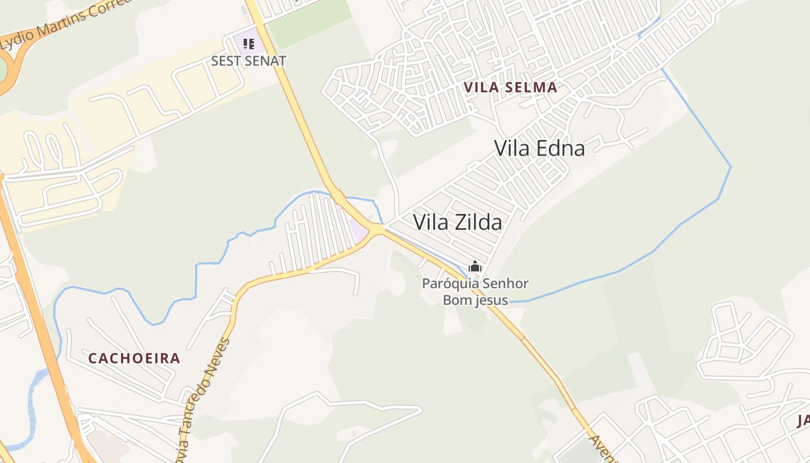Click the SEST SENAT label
coord(248,61)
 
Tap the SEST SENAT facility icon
coord(249,43)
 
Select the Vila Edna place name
coord(539,148)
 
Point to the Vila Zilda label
coord(457,222)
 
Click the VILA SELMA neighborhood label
coord(510,88)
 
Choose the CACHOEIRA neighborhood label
coord(134,358)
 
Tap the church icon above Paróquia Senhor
coord(475,267)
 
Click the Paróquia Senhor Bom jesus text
coord(475,292)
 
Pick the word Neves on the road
coord(220,354)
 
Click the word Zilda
coord(478,222)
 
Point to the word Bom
coord(455,300)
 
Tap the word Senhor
coord(505,284)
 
